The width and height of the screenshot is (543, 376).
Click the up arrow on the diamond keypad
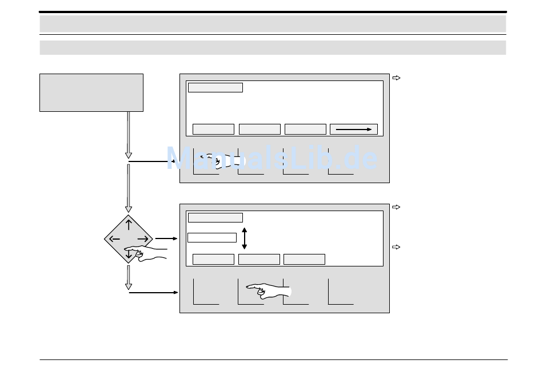(129, 224)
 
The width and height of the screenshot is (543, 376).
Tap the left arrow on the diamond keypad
(114, 239)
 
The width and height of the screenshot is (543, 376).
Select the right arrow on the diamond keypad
(143, 239)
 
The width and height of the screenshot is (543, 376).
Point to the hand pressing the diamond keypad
(145, 253)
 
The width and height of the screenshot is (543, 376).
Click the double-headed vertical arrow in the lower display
(245, 238)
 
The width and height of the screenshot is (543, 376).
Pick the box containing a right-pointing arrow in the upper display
(354, 130)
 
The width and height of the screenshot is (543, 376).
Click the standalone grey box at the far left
(91, 92)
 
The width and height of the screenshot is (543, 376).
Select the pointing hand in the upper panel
(220, 161)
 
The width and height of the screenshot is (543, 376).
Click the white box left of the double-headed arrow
(212, 238)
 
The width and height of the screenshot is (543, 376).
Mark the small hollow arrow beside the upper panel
(396, 78)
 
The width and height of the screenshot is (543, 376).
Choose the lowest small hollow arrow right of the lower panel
(396, 247)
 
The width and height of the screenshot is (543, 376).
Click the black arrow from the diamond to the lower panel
(166, 238)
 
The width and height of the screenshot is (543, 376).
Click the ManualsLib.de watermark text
(272, 158)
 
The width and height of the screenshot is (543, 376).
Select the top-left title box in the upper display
(215, 87)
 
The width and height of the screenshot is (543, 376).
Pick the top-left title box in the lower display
(215, 218)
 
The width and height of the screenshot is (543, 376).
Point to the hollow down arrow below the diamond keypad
(129, 277)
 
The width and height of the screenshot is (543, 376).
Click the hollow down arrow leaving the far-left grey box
(129, 135)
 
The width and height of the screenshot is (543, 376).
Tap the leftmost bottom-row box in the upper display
(213, 130)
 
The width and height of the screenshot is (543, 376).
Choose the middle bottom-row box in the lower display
(259, 259)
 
